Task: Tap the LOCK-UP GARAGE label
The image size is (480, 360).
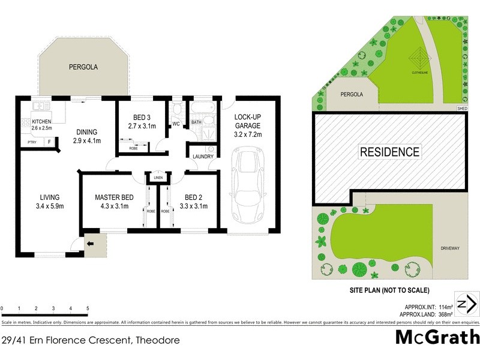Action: [247, 121]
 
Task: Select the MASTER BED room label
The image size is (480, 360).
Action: [114, 197]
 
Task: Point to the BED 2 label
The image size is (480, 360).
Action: [193, 197]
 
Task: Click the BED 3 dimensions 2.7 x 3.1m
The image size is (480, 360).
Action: [142, 127]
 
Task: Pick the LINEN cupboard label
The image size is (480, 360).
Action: [158, 178]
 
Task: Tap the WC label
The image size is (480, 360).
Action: [176, 124]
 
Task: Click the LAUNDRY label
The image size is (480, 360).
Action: [203, 157]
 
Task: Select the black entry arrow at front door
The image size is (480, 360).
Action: [90, 244]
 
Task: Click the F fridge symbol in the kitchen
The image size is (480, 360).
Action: [50, 142]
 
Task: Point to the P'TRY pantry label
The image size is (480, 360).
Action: [32, 143]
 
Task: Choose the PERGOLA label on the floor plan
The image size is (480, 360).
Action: [83, 67]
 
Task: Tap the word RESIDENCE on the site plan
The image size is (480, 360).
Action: [389, 152]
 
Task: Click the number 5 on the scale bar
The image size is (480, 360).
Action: [88, 308]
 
